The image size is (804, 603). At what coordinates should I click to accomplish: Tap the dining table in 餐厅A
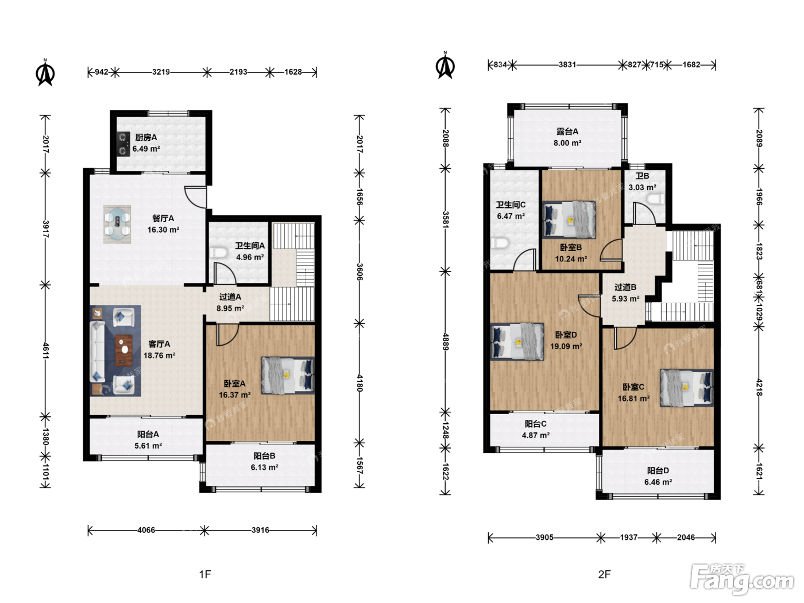click(x=117, y=224)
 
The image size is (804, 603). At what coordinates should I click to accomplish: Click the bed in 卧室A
click(x=288, y=375)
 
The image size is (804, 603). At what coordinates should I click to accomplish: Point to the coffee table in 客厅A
click(x=124, y=350)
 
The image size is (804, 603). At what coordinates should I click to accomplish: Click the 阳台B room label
click(x=264, y=456)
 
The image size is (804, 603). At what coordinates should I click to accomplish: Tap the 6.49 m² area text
click(x=146, y=149)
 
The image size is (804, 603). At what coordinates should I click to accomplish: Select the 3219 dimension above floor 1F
click(x=161, y=72)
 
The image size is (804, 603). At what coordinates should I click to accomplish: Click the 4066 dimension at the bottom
click(x=146, y=529)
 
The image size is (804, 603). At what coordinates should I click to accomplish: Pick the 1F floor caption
click(x=205, y=574)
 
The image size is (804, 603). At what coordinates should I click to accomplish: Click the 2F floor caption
click(x=604, y=574)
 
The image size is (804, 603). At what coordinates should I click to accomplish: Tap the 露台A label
click(x=567, y=132)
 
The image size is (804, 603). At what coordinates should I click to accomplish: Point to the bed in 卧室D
click(x=517, y=342)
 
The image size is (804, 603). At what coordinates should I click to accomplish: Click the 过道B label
click(x=625, y=287)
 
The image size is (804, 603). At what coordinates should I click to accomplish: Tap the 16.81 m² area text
click(x=633, y=399)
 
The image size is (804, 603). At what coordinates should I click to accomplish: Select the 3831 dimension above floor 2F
click(x=567, y=65)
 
